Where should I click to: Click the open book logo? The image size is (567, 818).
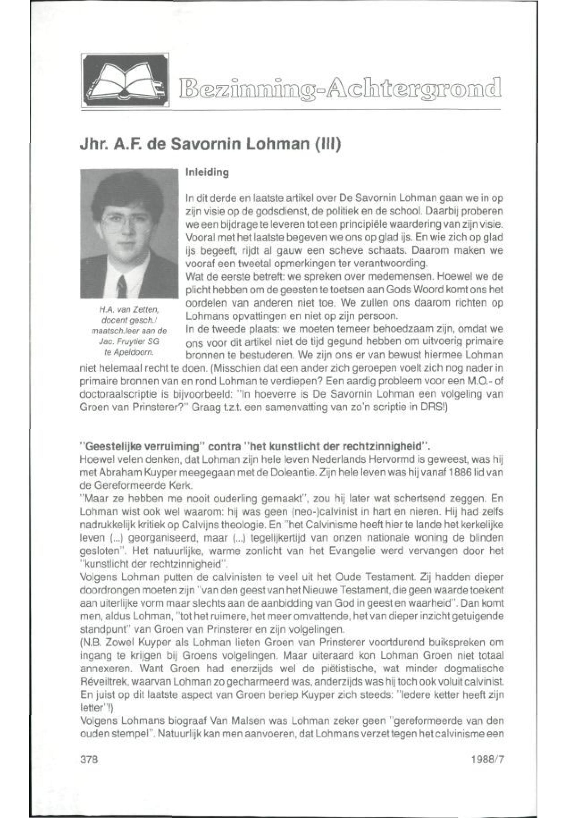125,80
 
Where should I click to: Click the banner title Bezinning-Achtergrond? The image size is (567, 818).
340,87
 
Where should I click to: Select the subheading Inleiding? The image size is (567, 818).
207,173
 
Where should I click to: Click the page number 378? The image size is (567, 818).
89,760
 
